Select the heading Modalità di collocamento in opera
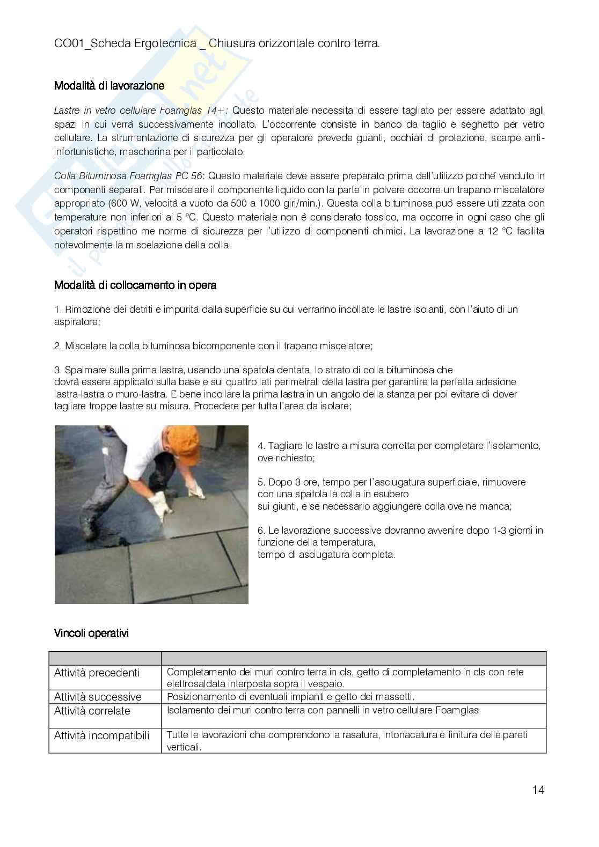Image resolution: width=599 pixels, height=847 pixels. [135, 285]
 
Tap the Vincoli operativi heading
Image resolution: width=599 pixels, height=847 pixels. [91, 634]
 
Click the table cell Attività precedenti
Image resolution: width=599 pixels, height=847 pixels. [97, 673]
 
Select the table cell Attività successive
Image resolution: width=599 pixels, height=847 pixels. [98, 697]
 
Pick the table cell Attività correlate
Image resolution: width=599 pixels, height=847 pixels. [92, 711]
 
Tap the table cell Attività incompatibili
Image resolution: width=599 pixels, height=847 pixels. [102, 735]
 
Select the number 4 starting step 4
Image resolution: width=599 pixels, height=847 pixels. [261, 446]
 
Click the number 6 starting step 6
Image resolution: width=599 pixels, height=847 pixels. [261, 531]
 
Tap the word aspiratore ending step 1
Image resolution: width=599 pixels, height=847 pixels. [77, 322]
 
